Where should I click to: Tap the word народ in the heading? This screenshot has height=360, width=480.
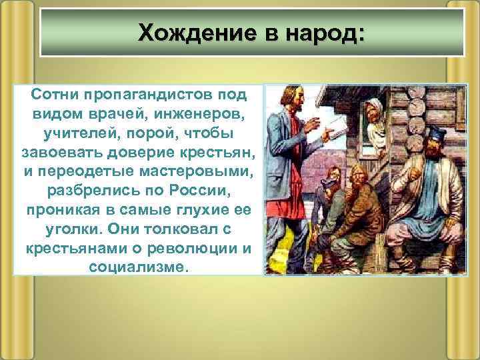(x=320, y=32)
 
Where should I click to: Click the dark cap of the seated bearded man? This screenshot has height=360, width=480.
(x=437, y=133)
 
